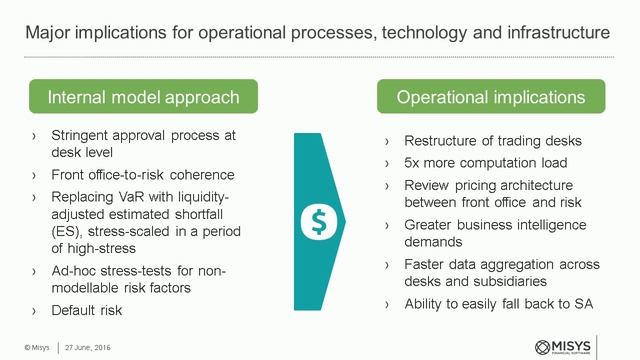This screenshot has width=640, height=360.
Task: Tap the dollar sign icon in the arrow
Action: (x=319, y=216)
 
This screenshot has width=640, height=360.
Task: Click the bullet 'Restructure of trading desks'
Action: (x=491, y=140)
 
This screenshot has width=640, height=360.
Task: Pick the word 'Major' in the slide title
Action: (x=48, y=33)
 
